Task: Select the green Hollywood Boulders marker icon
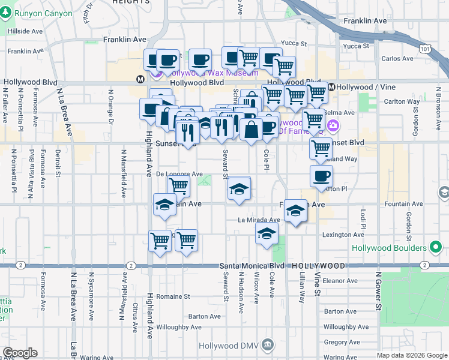click(436, 247)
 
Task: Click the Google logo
click(20, 353)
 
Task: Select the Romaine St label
click(173, 296)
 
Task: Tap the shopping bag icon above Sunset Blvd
click(252, 128)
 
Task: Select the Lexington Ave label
click(344, 235)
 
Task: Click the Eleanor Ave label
click(340, 280)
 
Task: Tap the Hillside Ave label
click(25, 31)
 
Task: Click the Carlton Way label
click(402, 101)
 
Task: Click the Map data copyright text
click(411, 355)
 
